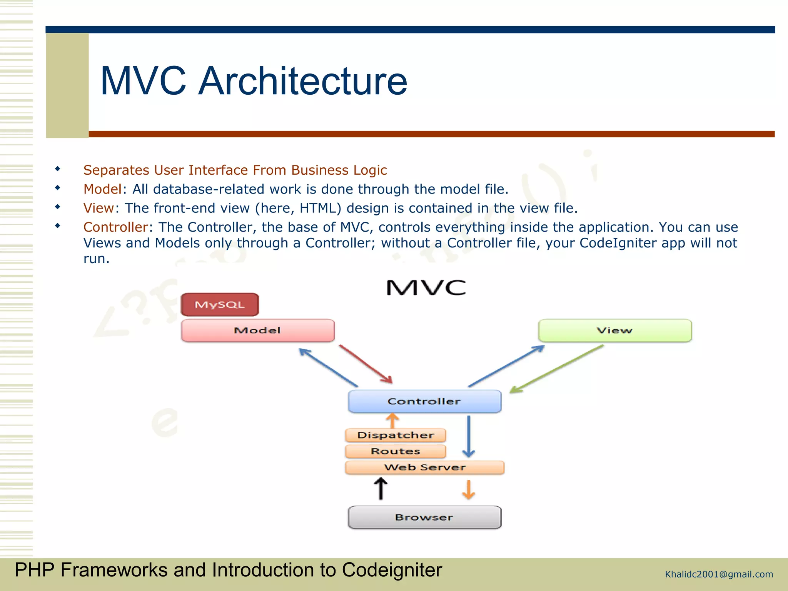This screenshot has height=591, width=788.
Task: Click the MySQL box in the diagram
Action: [x=220, y=305]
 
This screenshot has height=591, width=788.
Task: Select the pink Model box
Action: [x=257, y=331]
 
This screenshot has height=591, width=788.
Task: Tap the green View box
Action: [x=614, y=331]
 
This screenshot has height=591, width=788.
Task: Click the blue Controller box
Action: [x=424, y=401]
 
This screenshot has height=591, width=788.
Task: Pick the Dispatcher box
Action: [x=396, y=435]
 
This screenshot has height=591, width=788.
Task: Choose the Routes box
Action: [x=396, y=451]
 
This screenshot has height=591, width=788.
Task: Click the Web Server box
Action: [x=424, y=467]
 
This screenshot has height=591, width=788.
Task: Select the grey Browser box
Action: [x=424, y=518]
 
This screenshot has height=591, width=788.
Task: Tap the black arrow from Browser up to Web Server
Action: [x=381, y=489]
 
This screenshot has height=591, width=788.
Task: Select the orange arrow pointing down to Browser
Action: [x=468, y=489]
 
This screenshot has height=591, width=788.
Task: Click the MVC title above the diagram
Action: [x=426, y=288]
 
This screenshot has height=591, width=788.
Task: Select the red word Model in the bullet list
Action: [x=102, y=189]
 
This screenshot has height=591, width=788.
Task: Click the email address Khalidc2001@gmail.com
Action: [x=719, y=574]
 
